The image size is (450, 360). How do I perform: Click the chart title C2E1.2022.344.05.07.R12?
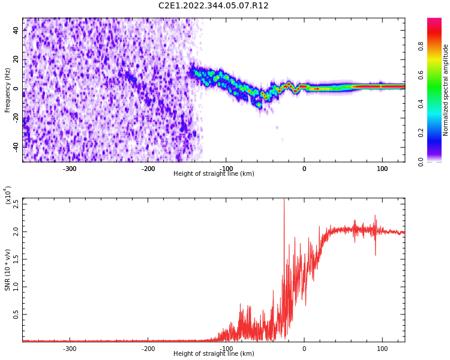pos(214,6)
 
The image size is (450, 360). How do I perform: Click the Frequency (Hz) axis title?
pos(8,90)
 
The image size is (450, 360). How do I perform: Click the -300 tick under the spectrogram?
pos(70,169)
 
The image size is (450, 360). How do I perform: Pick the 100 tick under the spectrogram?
pos(382,169)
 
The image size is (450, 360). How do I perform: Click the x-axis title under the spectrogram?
pos(214,174)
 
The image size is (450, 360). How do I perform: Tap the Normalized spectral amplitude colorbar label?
pos(446,90)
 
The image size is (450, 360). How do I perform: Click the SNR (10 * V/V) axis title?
pos(8,270)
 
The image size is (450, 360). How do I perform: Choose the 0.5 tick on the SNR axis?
pos(16,314)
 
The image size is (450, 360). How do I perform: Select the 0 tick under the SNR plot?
pos(304,349)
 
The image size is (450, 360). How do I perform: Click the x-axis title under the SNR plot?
pos(214,354)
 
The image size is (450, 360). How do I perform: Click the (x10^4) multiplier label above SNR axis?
pos(8,195)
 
